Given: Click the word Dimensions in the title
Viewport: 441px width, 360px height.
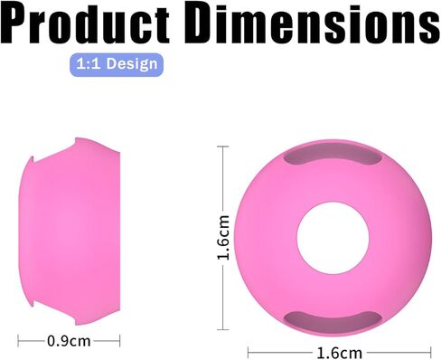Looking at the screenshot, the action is tap(313, 24).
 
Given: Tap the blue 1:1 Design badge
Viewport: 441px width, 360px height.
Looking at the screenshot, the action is tap(117, 64).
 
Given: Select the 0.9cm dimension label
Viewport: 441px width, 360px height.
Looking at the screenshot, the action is tap(69, 341).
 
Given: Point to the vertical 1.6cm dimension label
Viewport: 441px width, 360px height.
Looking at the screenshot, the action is tap(224, 238).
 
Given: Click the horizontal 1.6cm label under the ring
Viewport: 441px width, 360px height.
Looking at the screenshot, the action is tap(340, 353).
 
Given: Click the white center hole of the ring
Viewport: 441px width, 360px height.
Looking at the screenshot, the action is tap(333, 238).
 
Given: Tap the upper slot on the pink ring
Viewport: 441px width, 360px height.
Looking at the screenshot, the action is tap(333, 156).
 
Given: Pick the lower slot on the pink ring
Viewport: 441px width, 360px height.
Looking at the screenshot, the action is tap(333, 321).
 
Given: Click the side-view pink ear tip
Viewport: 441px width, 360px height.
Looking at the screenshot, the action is tap(70, 232).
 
